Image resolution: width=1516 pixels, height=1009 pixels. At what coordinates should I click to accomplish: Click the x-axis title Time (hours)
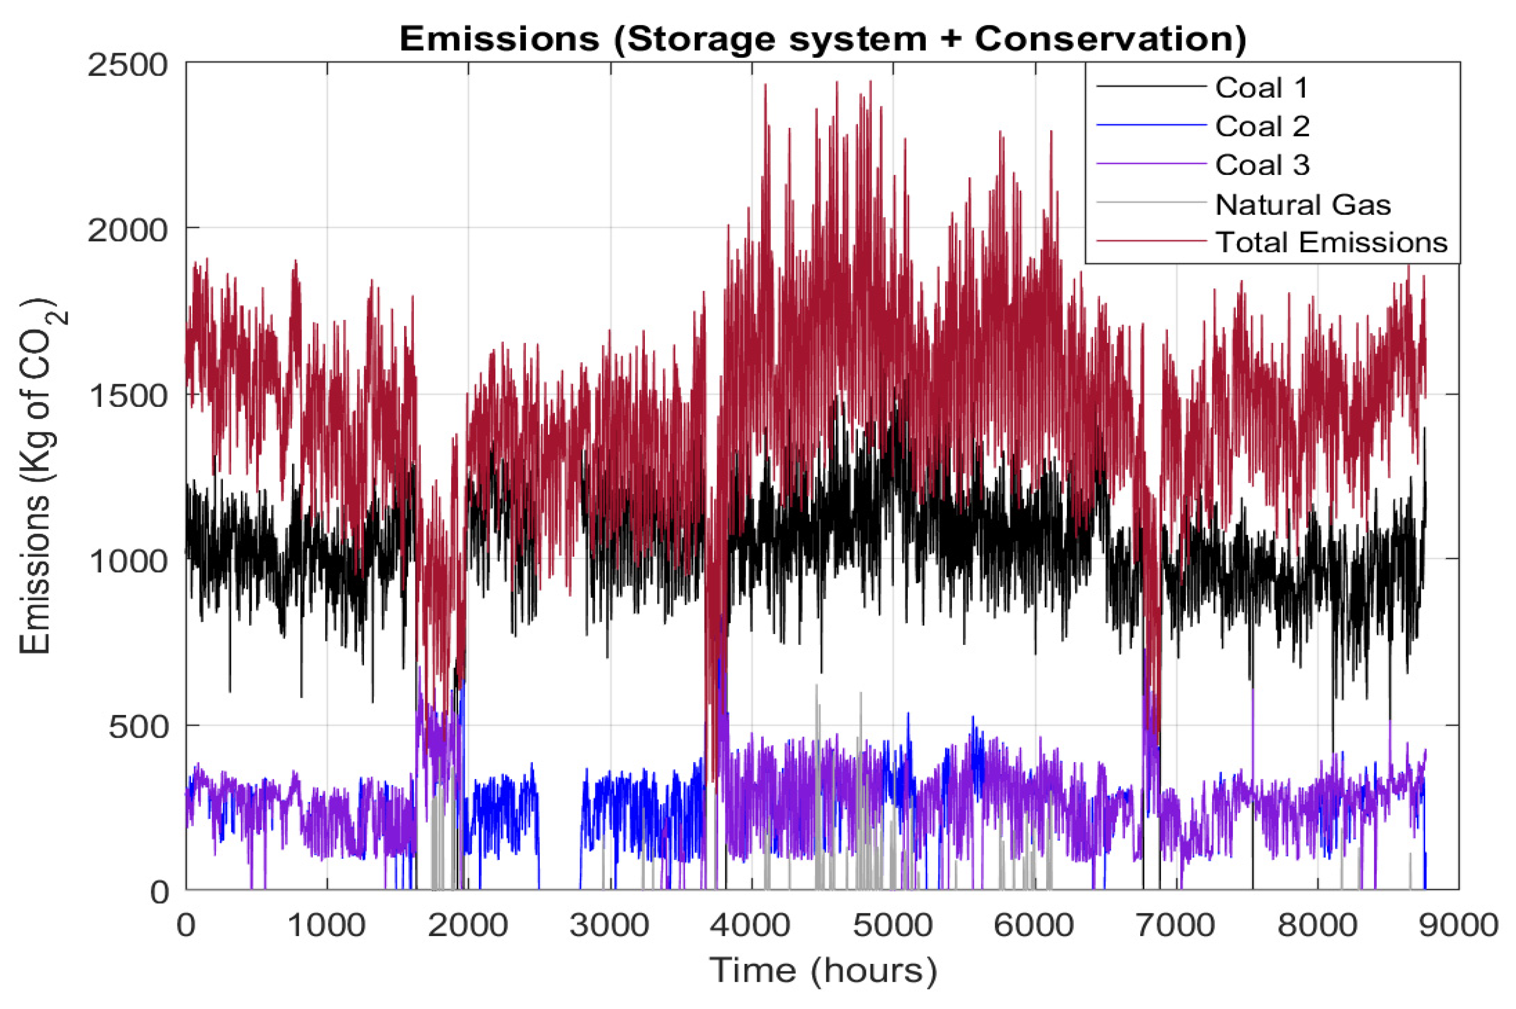pyautogui.click(x=822, y=970)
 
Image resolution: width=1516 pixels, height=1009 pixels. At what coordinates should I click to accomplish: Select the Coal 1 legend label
pyautogui.click(x=1261, y=88)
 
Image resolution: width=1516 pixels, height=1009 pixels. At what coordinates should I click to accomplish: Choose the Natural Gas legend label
pyautogui.click(x=1302, y=205)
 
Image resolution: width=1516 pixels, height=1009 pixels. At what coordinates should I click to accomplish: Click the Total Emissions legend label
pyautogui.click(x=1331, y=243)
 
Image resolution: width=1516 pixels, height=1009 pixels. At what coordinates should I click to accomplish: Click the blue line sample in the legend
pyautogui.click(x=1151, y=125)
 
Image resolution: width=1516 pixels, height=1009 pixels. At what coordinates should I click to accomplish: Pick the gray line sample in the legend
pyautogui.click(x=1151, y=203)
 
